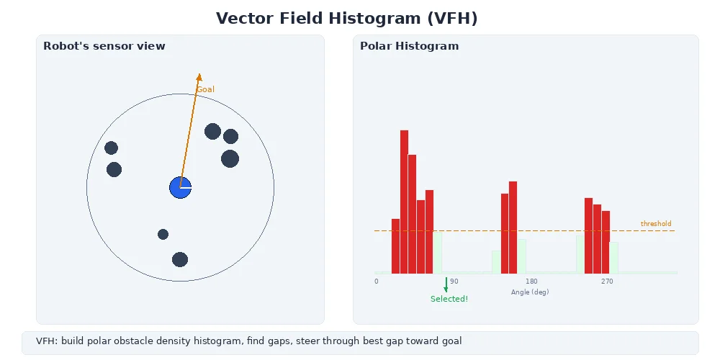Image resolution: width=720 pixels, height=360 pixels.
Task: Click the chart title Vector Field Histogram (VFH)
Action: (x=347, y=19)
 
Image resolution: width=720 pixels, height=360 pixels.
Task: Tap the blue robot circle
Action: (x=180, y=187)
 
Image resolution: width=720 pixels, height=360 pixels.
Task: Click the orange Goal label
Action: (x=205, y=89)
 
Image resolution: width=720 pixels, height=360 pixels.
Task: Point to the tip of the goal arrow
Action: (x=199, y=74)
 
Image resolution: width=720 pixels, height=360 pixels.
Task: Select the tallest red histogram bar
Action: (x=405, y=202)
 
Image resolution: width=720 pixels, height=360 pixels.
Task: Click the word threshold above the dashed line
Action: (x=656, y=224)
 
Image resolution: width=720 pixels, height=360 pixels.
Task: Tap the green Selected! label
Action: (x=449, y=299)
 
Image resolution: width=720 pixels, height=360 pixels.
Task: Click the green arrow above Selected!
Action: (x=446, y=284)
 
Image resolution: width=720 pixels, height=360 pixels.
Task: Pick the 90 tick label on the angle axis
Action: (x=454, y=282)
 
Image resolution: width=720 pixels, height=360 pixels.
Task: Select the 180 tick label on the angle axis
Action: (x=531, y=282)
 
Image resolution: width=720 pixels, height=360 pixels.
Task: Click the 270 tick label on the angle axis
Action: (x=607, y=282)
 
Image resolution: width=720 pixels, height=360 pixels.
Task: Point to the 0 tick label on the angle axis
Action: (x=376, y=282)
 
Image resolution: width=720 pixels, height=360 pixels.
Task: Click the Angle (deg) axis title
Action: (x=530, y=292)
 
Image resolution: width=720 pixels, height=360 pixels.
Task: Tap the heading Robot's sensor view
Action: (x=104, y=46)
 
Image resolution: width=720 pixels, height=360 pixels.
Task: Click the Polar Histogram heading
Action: (x=409, y=46)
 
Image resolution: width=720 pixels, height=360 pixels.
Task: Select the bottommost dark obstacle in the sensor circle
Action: (x=180, y=259)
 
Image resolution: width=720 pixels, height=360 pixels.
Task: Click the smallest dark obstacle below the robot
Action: (x=163, y=234)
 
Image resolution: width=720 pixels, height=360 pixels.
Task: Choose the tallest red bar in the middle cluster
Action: (x=513, y=227)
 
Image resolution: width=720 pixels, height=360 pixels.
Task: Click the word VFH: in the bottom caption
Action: (x=47, y=341)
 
